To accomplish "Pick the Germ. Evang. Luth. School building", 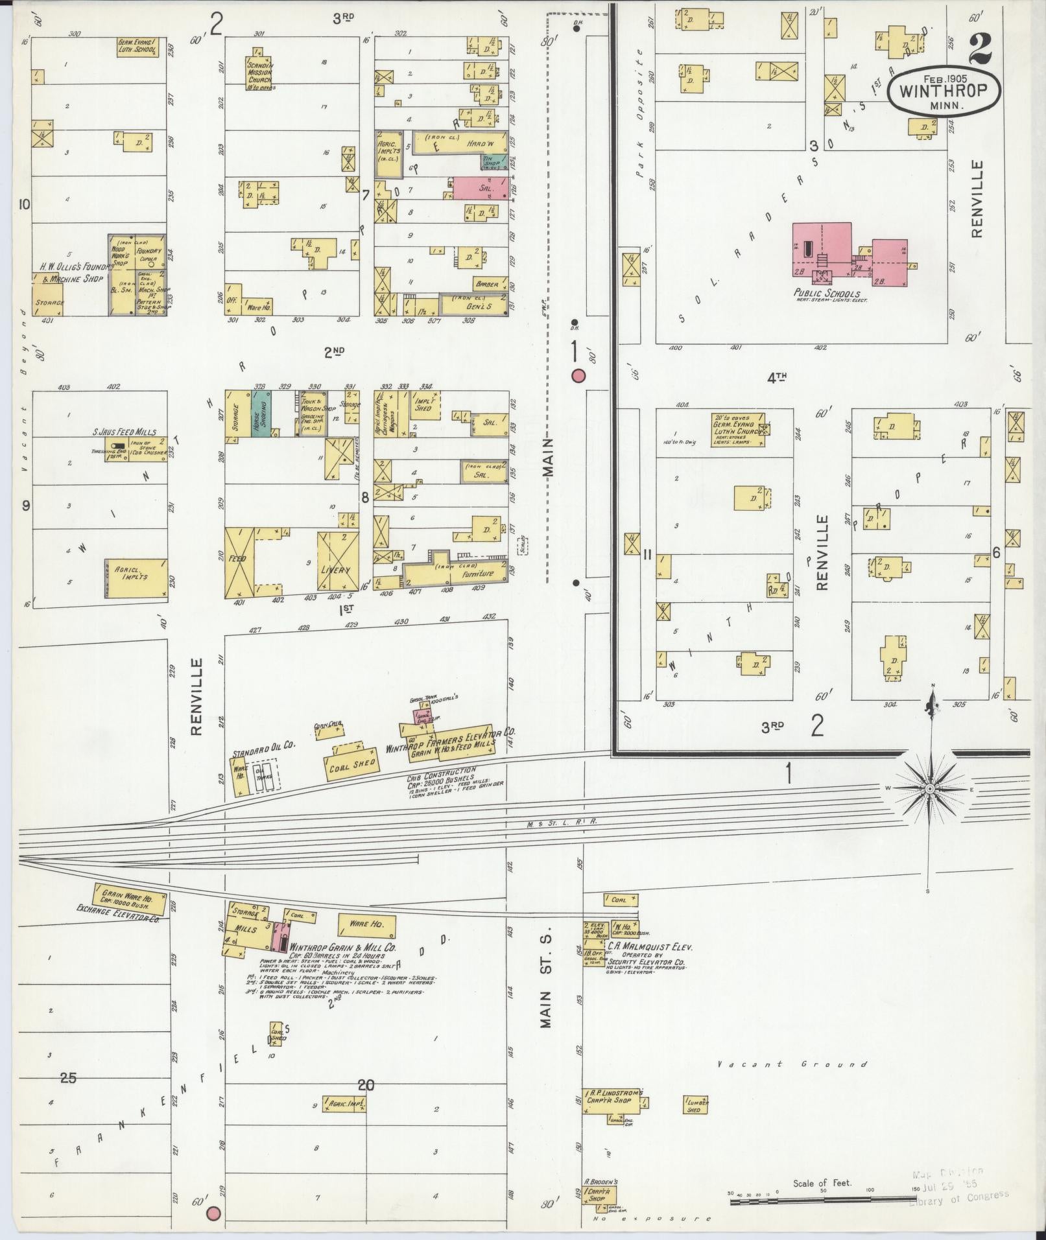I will click(137, 47).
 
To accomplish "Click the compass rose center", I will click(929, 788).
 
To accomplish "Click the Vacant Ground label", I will click(793, 1064).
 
